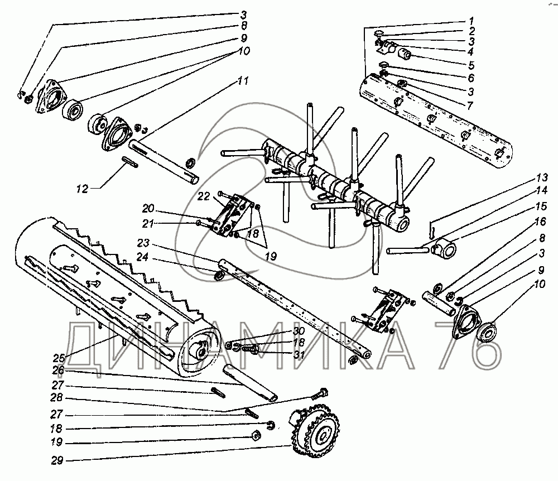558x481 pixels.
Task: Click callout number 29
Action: [x=57, y=461]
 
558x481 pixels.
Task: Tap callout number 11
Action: [x=243, y=81]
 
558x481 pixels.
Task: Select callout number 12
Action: [x=82, y=189]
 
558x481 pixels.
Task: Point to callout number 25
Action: [x=60, y=358]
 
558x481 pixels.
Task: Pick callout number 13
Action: [x=543, y=177]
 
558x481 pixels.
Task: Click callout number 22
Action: [x=204, y=196]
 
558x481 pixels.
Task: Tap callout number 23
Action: [x=143, y=243]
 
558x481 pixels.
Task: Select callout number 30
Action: [x=299, y=331]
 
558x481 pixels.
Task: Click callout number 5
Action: [x=471, y=65]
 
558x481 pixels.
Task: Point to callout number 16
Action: [x=540, y=222]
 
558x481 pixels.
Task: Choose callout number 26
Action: [x=58, y=371]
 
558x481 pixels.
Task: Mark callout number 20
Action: [x=148, y=208]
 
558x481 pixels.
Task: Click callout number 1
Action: [x=471, y=20]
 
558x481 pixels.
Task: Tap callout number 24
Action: [x=142, y=257]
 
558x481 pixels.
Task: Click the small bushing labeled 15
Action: [x=444, y=248]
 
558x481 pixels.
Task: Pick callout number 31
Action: [x=299, y=354]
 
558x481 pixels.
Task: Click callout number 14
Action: [x=542, y=190]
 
